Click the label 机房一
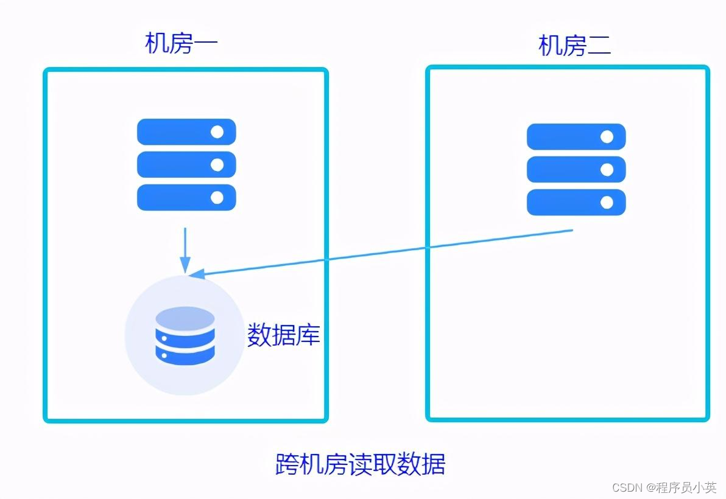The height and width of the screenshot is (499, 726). pyautogui.click(x=181, y=43)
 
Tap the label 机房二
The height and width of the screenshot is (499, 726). pyautogui.click(x=574, y=46)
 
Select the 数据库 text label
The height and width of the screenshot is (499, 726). pyautogui.click(x=283, y=335)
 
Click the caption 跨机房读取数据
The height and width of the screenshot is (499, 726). pyautogui.click(x=361, y=464)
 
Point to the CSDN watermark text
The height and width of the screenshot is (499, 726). pyautogui.click(x=664, y=487)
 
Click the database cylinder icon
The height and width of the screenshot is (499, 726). pyautogui.click(x=185, y=336)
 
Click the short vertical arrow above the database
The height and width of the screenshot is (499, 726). pyautogui.click(x=185, y=249)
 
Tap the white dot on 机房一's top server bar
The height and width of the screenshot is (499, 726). pyautogui.click(x=217, y=131)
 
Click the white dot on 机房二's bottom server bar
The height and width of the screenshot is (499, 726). pyautogui.click(x=607, y=202)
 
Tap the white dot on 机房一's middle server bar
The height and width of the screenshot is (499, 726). pyautogui.click(x=217, y=164)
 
